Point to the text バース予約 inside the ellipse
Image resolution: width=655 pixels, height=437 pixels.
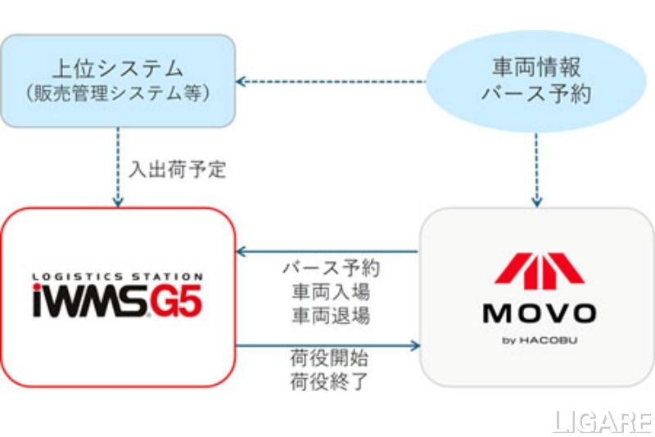(x=536, y=93)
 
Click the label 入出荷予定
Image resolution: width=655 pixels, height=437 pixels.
(x=177, y=170)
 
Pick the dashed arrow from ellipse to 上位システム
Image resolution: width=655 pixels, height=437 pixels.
(x=331, y=81)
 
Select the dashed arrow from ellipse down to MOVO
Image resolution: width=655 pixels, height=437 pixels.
(x=536, y=168)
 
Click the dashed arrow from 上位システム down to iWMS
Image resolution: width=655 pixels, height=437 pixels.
(x=118, y=168)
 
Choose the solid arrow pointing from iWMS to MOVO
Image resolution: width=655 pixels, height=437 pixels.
(x=327, y=345)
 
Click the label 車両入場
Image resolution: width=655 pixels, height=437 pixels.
(x=331, y=291)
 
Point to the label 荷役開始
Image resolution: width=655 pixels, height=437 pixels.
(x=331, y=358)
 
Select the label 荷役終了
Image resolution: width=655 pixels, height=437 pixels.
(x=331, y=381)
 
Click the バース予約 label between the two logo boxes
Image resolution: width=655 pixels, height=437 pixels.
(x=331, y=268)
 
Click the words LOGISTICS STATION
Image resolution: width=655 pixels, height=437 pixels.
(x=118, y=277)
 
